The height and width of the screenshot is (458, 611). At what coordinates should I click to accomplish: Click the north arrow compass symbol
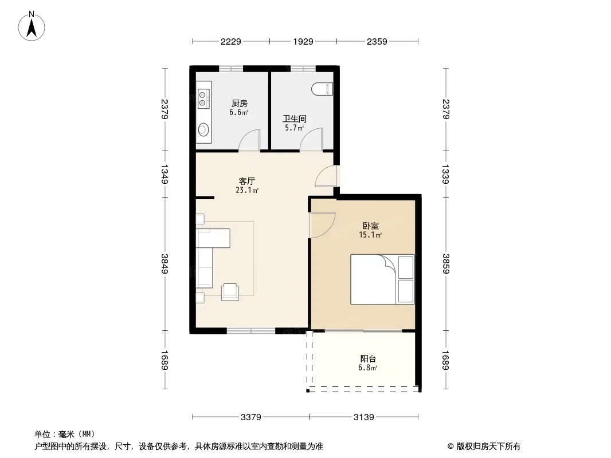click(32, 26)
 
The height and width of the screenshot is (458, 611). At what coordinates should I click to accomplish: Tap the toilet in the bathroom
click(322, 89)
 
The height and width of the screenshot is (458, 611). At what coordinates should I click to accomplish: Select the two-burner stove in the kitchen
click(203, 98)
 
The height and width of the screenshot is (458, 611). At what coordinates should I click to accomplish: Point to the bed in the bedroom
click(382, 279)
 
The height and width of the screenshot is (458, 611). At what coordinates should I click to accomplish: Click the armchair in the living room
click(230, 292)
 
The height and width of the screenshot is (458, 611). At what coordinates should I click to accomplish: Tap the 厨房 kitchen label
click(239, 104)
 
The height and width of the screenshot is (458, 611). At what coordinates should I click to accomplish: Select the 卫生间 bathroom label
click(294, 119)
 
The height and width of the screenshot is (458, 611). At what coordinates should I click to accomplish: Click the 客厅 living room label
click(246, 181)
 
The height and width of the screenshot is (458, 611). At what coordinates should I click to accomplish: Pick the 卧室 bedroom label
click(371, 226)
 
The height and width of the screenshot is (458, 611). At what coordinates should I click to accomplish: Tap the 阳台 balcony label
click(368, 359)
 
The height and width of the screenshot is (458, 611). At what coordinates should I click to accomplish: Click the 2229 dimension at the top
click(230, 42)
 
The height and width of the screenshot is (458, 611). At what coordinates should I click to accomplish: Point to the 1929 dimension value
click(303, 42)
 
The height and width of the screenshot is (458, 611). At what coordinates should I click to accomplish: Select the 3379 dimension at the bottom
click(250, 417)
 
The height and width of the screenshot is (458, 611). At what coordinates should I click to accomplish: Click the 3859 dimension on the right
click(446, 263)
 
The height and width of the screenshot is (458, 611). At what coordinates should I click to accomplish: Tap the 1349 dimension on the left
click(164, 175)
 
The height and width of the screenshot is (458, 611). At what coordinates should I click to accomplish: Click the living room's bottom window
click(251, 331)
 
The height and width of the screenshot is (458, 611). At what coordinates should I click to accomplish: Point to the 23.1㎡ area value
click(246, 190)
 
